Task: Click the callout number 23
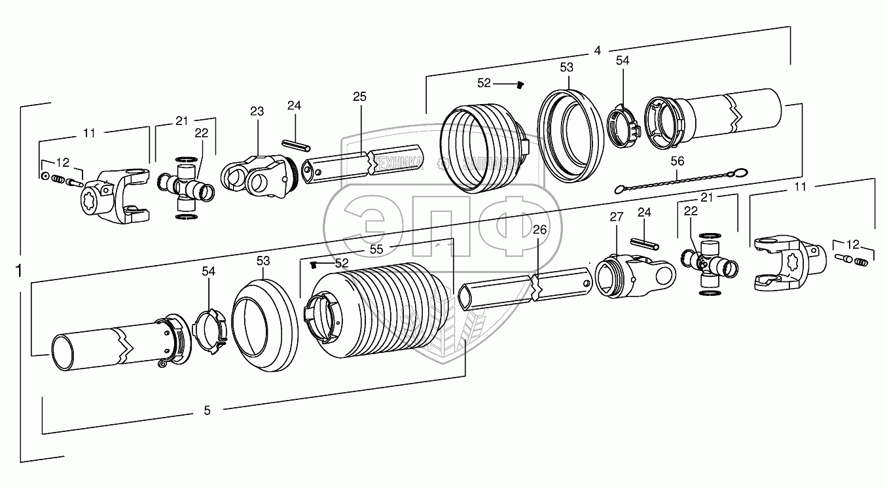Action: pyautogui.click(x=257, y=111)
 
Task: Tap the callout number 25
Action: pyautogui.click(x=359, y=96)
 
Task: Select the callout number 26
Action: pyautogui.click(x=539, y=229)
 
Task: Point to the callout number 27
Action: pyautogui.click(x=615, y=217)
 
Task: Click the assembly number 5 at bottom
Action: pyautogui.click(x=208, y=410)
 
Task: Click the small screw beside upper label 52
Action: pyautogui.click(x=522, y=84)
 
